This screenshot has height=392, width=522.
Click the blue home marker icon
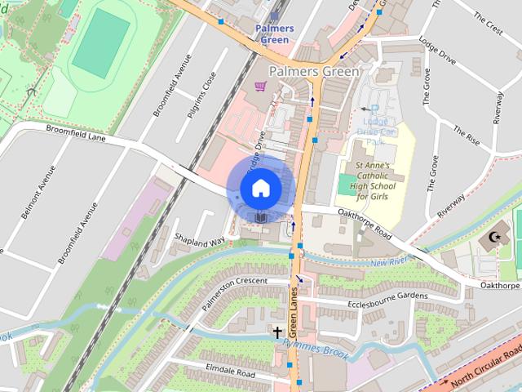(x=259, y=189)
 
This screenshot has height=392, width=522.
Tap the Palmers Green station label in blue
(x=274, y=33)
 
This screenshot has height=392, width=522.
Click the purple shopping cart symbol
(x=260, y=85)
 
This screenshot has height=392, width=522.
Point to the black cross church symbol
(x=277, y=332)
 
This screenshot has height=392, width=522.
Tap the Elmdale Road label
(x=231, y=372)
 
